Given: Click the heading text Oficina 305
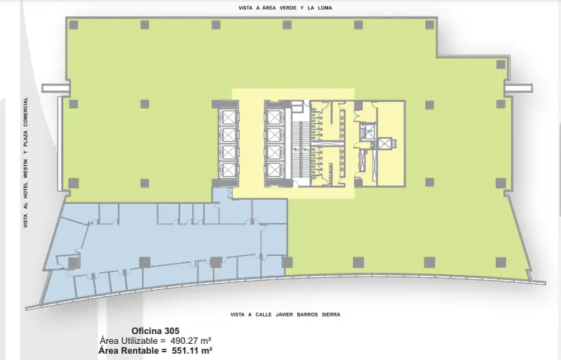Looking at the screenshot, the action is click(155, 331).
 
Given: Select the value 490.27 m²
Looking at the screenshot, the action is click(191, 340).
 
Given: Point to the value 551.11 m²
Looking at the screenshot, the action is click(192, 350).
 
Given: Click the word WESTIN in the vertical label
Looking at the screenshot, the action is click(25, 168).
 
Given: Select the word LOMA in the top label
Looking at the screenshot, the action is click(325, 8).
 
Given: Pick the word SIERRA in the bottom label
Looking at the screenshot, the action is click(331, 314).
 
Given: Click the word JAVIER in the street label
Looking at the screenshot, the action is click(284, 314).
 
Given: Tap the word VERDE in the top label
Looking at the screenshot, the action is click(288, 8).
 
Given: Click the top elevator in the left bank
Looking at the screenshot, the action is click(229, 117).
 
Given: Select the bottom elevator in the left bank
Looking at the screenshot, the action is click(229, 169).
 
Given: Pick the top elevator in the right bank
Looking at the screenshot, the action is click(273, 117).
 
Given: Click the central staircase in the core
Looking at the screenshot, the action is click(300, 149).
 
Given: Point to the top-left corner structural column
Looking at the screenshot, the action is click(74, 25).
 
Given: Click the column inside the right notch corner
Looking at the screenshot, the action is click(501, 64).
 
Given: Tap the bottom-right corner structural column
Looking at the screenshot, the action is click(501, 262).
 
